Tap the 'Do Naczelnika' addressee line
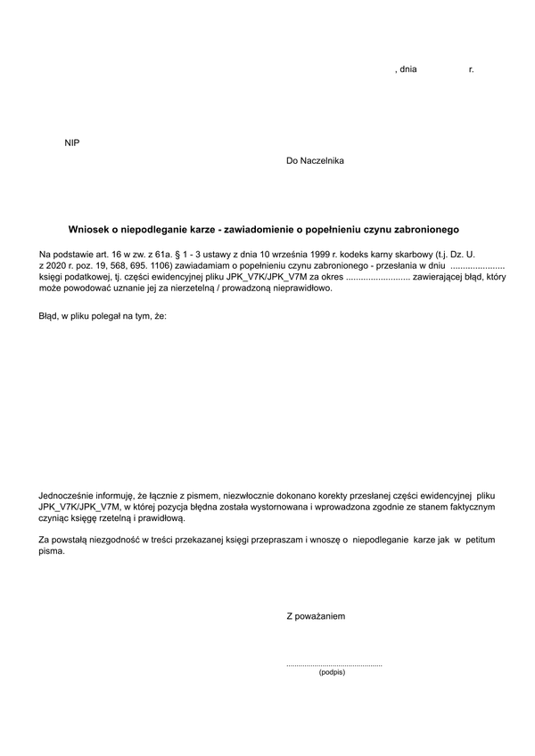point(315,161)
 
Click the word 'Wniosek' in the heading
point(88,229)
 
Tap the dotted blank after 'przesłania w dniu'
point(478,266)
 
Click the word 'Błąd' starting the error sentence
point(48,316)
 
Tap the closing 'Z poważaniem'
point(316,616)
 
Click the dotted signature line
point(333,664)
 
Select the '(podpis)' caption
point(331,672)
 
